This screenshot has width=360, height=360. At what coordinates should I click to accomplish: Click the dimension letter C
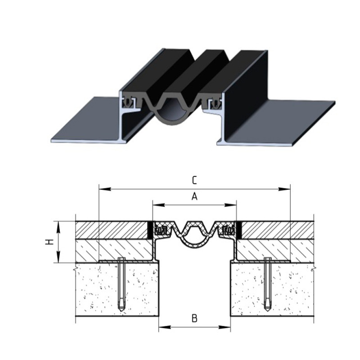[x=194, y=180]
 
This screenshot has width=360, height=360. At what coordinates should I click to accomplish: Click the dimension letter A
[x=194, y=197]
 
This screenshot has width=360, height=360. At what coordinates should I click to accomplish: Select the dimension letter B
[x=194, y=319]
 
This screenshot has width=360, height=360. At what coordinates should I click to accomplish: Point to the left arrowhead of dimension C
[x=105, y=189]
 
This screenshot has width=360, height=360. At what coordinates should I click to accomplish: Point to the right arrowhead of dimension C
[x=284, y=189]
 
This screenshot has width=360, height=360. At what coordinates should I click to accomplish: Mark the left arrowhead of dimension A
[x=159, y=205]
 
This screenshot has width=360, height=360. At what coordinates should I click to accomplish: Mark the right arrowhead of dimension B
[x=224, y=327]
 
